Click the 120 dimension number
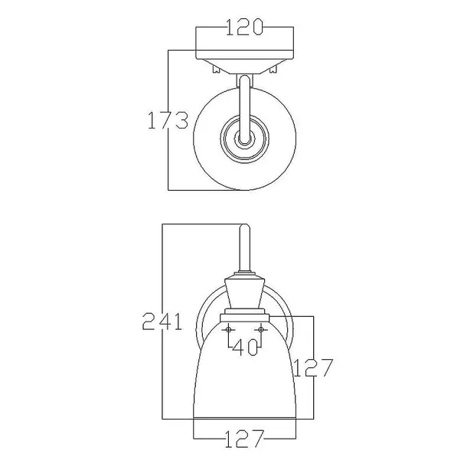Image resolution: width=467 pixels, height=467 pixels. pyautogui.click(x=244, y=27)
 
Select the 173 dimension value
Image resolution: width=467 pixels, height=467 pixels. pyautogui.click(x=168, y=120)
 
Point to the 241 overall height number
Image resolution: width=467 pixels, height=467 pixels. pyautogui.click(x=162, y=322)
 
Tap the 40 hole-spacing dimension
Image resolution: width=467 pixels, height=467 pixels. pyautogui.click(x=244, y=348)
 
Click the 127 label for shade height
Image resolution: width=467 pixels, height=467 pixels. pyautogui.click(x=313, y=367)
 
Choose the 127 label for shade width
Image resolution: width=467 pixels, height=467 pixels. pyautogui.click(x=244, y=439)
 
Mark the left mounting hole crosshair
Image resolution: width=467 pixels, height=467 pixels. pyautogui.click(x=228, y=330)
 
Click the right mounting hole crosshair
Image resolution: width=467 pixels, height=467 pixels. pyautogui.click(x=261, y=330)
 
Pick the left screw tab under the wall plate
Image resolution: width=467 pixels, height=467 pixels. pyautogui.click(x=216, y=69)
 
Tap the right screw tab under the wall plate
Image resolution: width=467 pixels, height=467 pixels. pyautogui.click(x=273, y=69)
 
